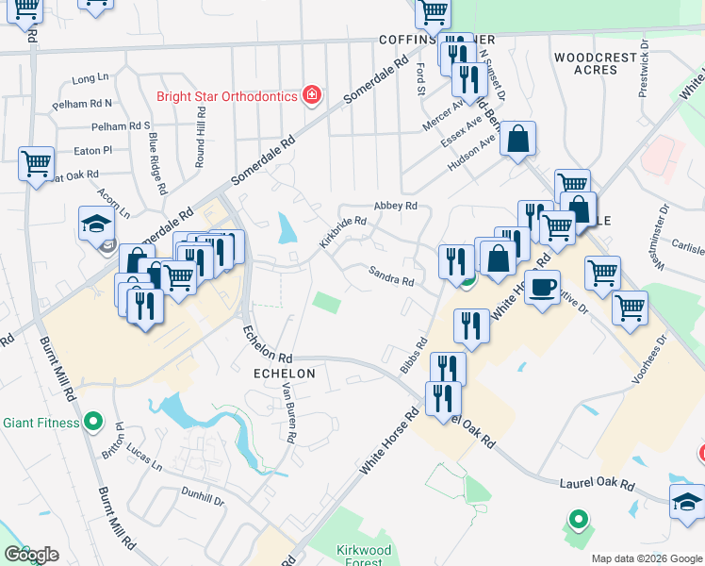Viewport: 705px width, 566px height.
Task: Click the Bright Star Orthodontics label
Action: coord(227,96)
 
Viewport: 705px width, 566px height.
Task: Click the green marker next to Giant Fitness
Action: coord(92,422)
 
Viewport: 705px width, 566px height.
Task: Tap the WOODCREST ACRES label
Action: coord(596,64)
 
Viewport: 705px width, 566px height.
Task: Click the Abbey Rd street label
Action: coord(395,206)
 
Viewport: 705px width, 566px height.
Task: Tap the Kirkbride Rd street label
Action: coord(342,231)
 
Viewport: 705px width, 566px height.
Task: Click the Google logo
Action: coord(31,555)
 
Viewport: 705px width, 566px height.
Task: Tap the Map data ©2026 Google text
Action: coord(645,558)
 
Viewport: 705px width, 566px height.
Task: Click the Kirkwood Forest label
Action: coord(363,555)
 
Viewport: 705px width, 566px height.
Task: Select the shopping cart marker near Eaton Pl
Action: coord(36,163)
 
